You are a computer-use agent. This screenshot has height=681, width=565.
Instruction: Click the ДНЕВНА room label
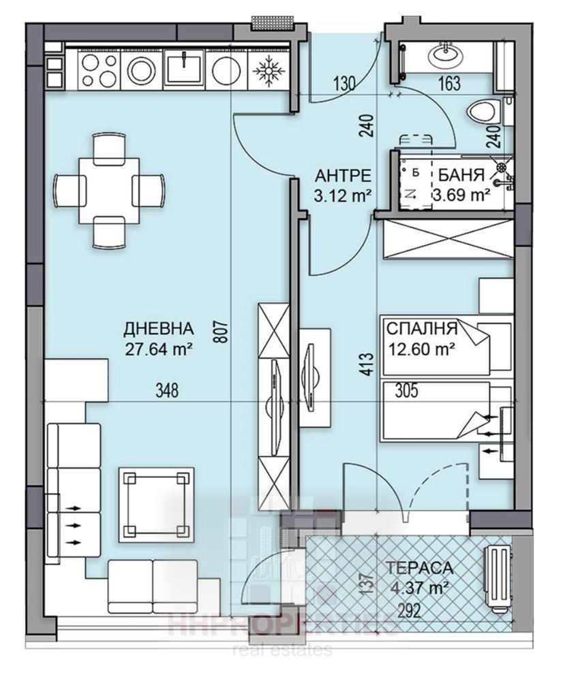coord(158,329)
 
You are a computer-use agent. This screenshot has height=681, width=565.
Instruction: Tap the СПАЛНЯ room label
coord(421,329)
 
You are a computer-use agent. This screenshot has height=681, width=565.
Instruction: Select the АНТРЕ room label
coord(342,174)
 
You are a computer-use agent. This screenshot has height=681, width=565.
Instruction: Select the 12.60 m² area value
coord(421,351)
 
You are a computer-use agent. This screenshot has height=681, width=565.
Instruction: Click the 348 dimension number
coord(166,391)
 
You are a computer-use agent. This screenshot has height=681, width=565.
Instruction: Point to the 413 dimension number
coord(367,362)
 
